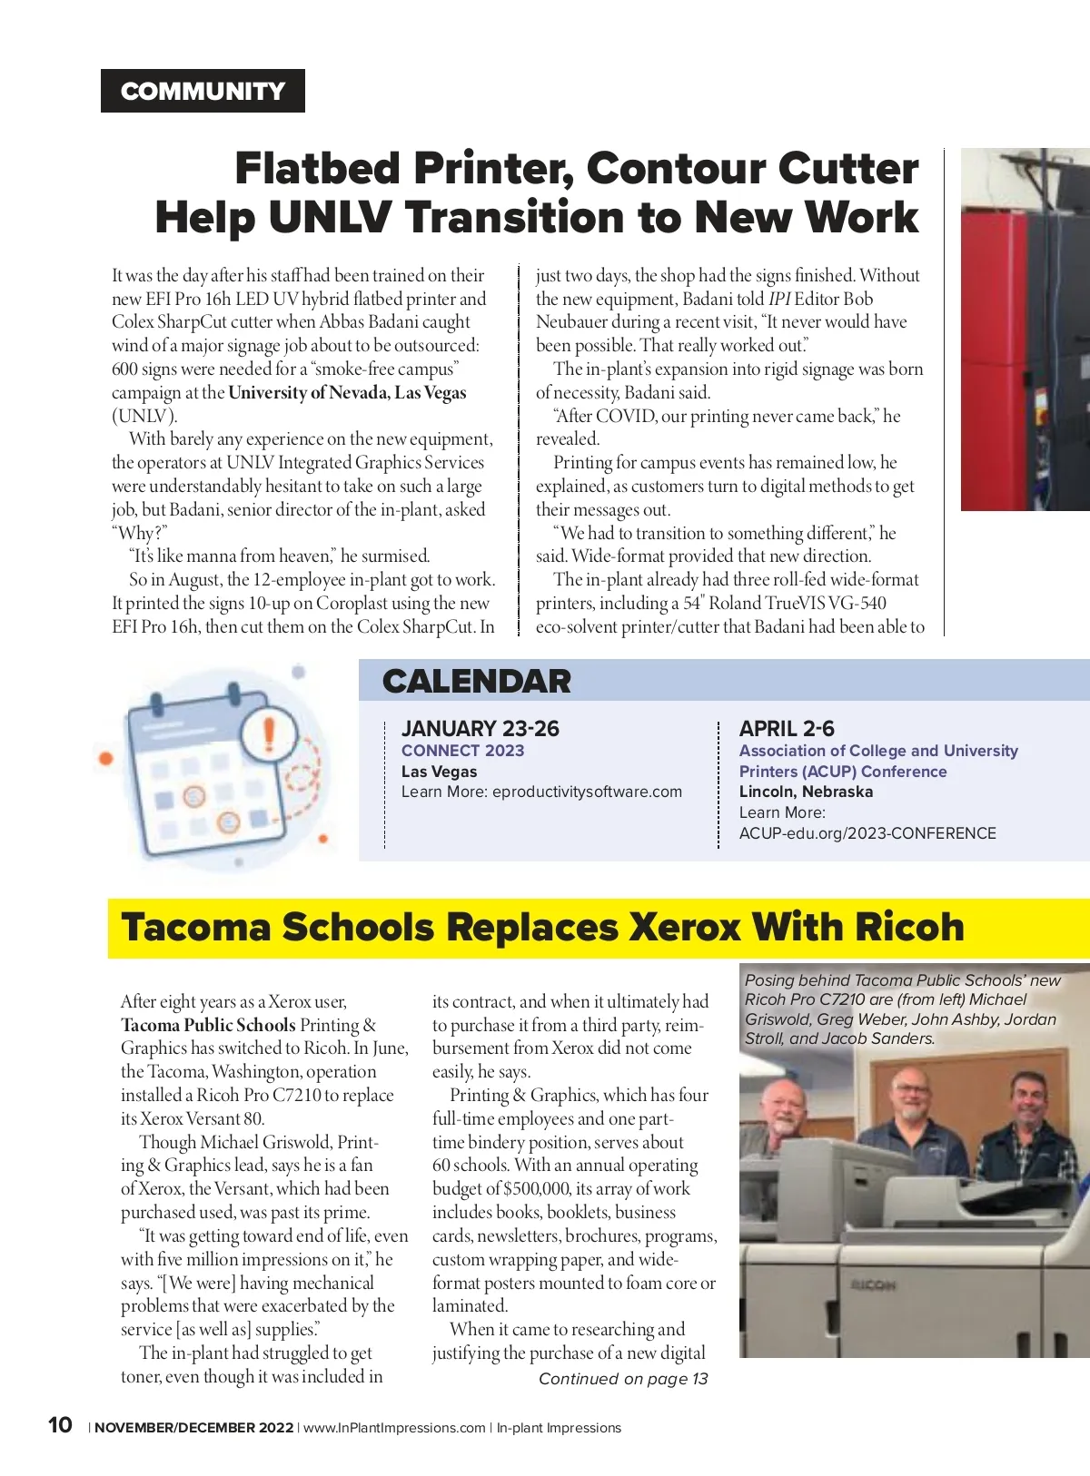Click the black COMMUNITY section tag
tap(203, 91)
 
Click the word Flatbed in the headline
tap(317, 169)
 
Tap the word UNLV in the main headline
tap(330, 218)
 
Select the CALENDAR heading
tap(476, 681)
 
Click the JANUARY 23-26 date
tap(480, 728)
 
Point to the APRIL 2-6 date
tap(786, 728)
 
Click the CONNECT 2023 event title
tap(462, 751)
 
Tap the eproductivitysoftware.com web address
tap(587, 792)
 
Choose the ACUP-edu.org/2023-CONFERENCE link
tap(867, 833)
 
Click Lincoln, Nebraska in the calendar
tap(806, 792)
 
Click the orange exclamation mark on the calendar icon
tap(269, 732)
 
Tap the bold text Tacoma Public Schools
tap(208, 1025)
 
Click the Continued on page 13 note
tap(623, 1379)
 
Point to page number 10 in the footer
tap(60, 1425)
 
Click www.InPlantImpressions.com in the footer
tap(394, 1428)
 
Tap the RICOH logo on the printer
tap(873, 1285)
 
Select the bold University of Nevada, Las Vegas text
tap(347, 393)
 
